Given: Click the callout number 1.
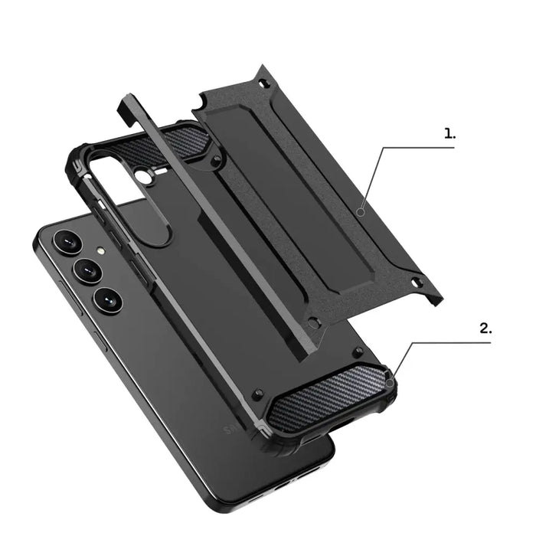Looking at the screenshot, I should click(x=449, y=133).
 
